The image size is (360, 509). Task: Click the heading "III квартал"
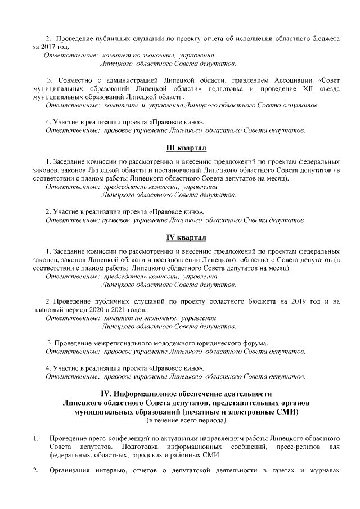[186, 148]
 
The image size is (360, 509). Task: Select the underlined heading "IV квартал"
[186, 237]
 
